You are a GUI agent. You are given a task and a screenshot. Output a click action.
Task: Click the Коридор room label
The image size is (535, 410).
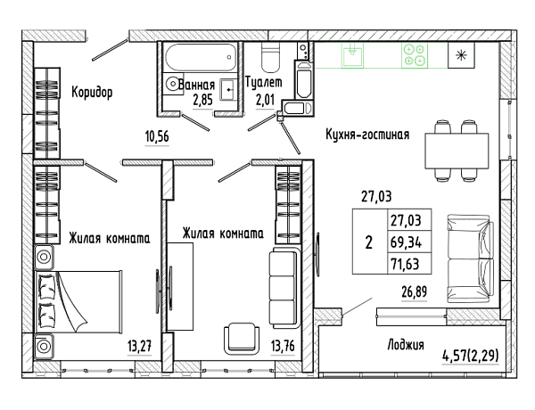pos(92,92)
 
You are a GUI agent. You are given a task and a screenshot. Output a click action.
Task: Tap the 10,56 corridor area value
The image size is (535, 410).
pos(157,136)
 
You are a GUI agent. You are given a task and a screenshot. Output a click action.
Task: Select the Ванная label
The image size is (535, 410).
pos(196,85)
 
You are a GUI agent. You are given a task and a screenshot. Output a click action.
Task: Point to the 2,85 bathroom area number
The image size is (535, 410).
pos(202,101)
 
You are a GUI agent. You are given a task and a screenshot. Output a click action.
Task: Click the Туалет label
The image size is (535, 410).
pos(264,82)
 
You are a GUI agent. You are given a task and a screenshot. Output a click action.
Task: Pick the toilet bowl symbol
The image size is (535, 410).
pos(270,57)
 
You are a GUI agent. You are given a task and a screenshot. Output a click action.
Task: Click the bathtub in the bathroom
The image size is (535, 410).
pos(201,57)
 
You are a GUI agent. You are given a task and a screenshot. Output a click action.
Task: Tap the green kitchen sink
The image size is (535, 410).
pos(352,55)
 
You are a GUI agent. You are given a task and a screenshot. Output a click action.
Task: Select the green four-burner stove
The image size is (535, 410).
pos(415,55)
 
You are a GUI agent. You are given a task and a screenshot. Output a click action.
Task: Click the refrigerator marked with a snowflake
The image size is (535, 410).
pos(461,55)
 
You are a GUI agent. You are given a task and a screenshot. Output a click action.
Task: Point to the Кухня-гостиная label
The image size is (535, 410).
pos(367,135)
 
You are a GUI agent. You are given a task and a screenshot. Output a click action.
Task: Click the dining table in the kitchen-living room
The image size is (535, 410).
pos(457,151)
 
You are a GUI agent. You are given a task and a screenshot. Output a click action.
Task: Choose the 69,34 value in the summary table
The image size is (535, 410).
pos(406,242)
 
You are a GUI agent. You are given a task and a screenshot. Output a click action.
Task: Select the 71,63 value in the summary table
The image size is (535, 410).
pos(405,264)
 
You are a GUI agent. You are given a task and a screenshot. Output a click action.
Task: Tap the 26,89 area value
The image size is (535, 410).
pos(415,292)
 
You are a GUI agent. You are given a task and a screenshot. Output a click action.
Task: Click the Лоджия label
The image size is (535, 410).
pos(406,345)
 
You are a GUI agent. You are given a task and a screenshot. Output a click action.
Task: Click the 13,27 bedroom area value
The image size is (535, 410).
pos(140,347)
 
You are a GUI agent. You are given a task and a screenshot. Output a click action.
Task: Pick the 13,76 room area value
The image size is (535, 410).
pos(283,346)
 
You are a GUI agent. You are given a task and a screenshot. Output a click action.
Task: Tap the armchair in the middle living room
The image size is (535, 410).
pos(242,338)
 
